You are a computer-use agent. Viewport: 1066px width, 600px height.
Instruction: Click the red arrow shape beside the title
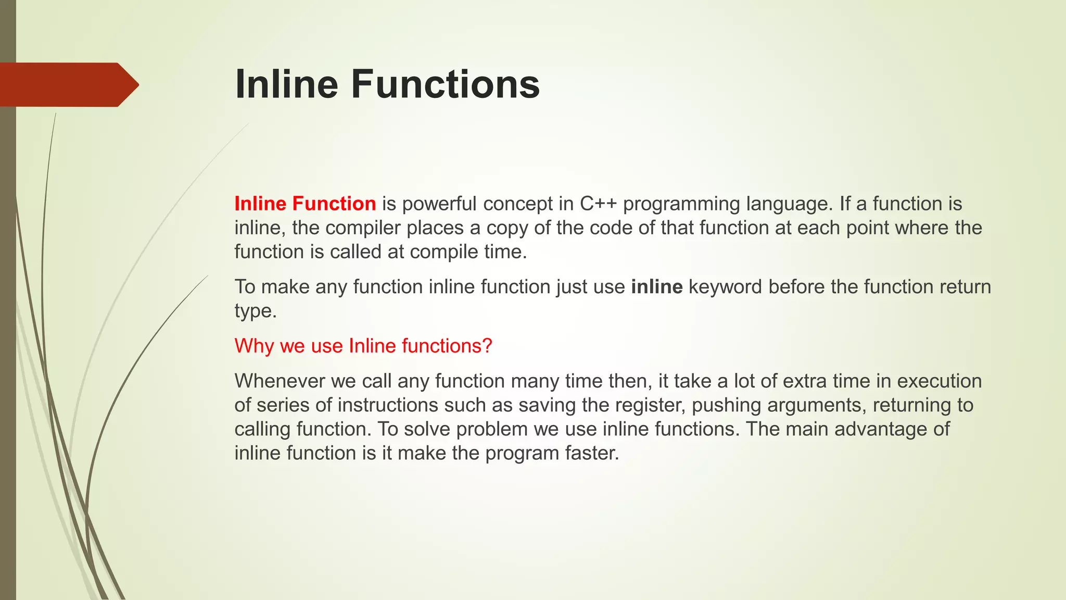pyautogui.click(x=68, y=84)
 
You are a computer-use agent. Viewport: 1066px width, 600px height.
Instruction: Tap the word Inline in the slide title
pyautogui.click(x=286, y=84)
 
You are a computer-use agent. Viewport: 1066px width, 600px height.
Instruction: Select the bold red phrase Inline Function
pyautogui.click(x=305, y=204)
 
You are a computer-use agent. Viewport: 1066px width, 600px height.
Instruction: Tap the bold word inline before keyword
pyautogui.click(x=656, y=287)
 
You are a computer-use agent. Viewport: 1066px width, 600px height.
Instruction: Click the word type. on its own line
pyautogui.click(x=255, y=311)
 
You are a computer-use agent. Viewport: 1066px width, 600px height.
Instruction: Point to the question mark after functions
pyautogui.click(x=487, y=346)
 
